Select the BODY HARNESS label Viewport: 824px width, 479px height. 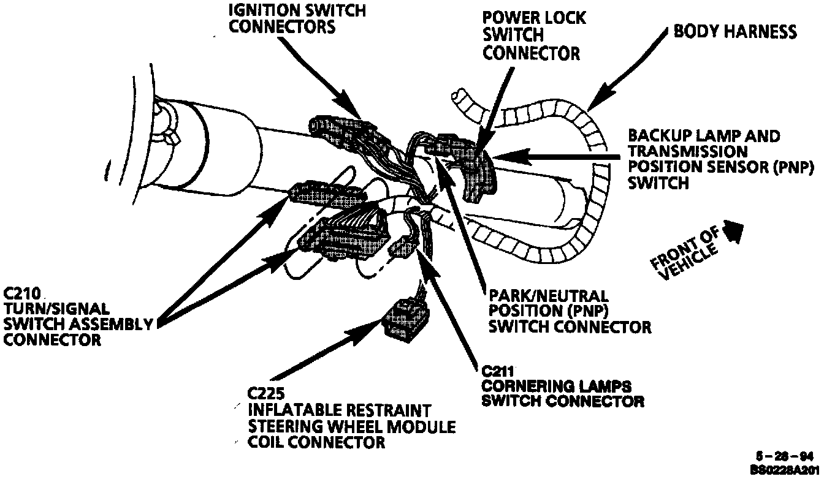click(x=735, y=32)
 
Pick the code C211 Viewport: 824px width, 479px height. click(x=497, y=371)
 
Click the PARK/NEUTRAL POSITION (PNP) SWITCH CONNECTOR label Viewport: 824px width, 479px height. click(x=569, y=311)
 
